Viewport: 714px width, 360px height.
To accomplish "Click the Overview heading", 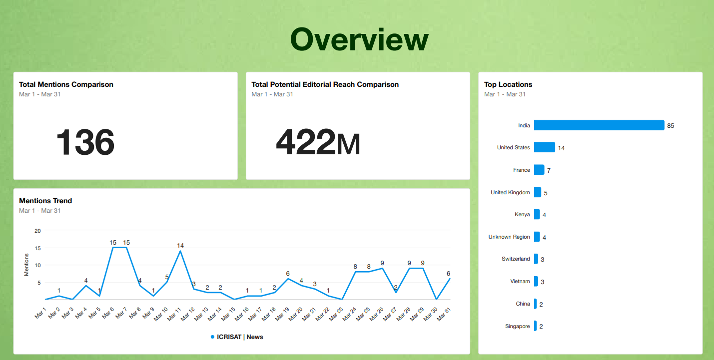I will click(359, 40).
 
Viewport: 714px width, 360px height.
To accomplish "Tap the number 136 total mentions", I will click(85, 142).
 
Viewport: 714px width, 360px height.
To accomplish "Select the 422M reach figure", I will click(318, 142).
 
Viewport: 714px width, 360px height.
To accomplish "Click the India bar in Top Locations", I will click(599, 125).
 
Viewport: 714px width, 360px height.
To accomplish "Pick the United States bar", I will click(544, 147).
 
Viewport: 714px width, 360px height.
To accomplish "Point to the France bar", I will click(539, 170).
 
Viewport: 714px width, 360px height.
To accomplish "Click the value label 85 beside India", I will click(671, 126).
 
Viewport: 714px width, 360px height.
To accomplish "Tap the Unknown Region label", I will click(509, 237).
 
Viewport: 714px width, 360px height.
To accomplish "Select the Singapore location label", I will click(518, 326).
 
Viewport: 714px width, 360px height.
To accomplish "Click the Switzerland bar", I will click(536, 259).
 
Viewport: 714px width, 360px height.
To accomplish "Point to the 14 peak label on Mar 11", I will click(180, 245).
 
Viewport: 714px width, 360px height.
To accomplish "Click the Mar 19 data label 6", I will click(288, 273).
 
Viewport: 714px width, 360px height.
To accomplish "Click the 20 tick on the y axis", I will click(37, 230).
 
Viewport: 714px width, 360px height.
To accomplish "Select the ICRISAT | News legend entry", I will click(237, 337).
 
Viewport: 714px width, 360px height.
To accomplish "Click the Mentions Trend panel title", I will click(45, 201).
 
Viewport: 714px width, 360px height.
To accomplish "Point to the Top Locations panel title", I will click(508, 84).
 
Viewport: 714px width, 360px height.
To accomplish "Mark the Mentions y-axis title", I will click(26, 265).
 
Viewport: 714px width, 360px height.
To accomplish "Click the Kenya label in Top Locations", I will click(522, 214).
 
